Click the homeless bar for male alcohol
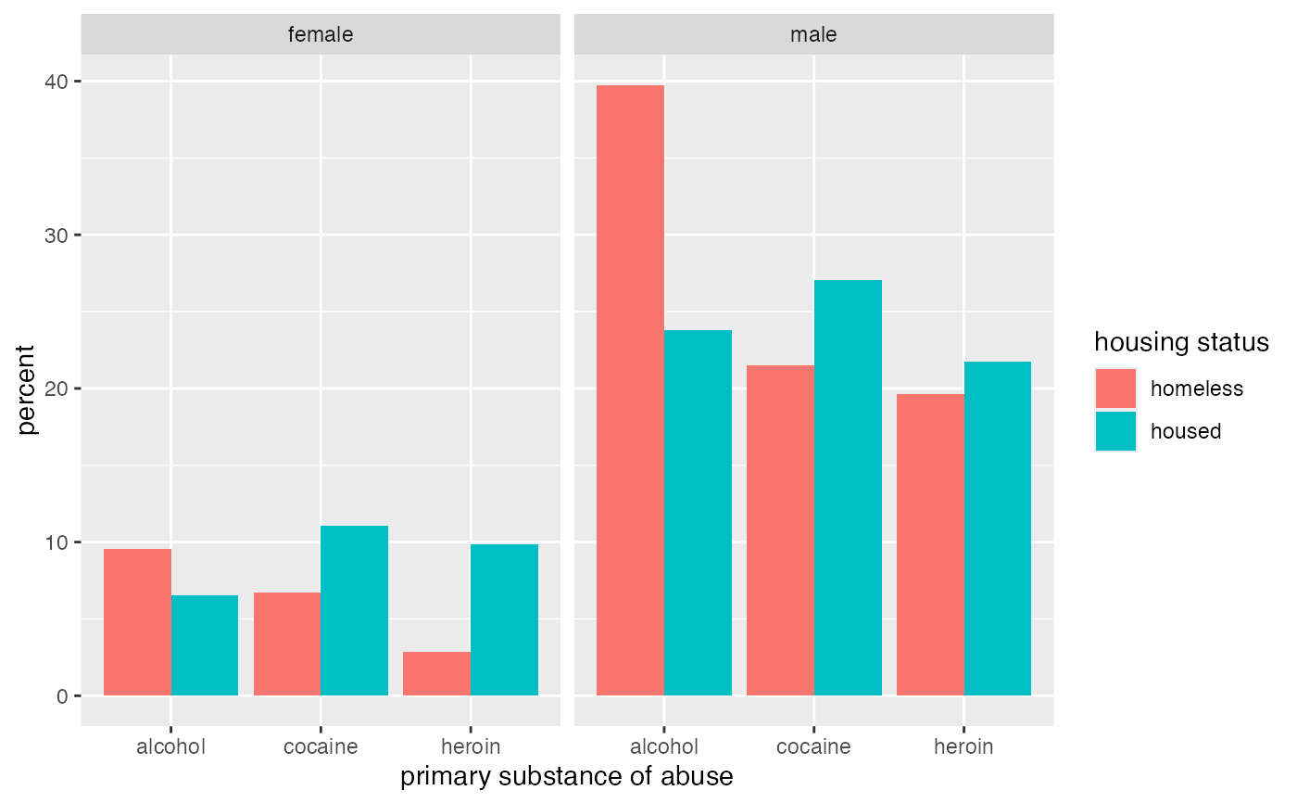(630, 389)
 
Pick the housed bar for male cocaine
(848, 487)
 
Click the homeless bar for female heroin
(436, 673)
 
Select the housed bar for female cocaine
(354, 610)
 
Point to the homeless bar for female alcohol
(137, 621)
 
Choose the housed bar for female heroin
(504, 619)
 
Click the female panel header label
(321, 35)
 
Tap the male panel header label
(813, 35)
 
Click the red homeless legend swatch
(1115, 389)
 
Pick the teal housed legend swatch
(1115, 431)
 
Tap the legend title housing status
(1181, 342)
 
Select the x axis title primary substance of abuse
(567, 777)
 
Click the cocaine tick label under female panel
(321, 746)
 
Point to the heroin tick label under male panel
(963, 746)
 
